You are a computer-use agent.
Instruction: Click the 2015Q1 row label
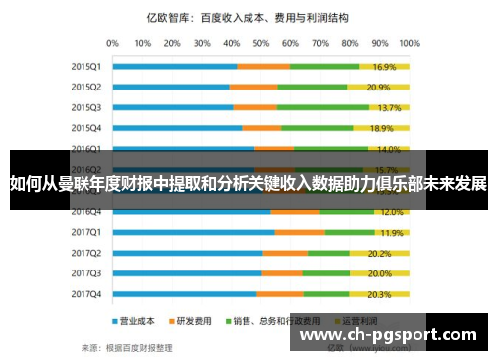[85, 67]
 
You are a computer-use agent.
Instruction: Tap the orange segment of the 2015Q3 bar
[255, 107]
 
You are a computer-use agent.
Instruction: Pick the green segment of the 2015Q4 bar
[317, 128]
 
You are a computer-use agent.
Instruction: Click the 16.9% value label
[385, 67]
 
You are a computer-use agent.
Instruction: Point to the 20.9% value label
[379, 88]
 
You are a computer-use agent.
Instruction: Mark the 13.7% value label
[389, 107]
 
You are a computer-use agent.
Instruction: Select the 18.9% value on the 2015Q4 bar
[382, 128]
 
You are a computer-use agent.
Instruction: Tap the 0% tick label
[111, 44]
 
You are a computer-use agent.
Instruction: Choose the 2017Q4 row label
[85, 294]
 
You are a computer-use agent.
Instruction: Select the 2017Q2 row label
[85, 253]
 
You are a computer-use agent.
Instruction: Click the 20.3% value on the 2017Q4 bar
[379, 294]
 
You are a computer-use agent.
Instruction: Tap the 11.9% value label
[391, 232]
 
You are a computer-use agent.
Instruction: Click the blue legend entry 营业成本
[135, 321]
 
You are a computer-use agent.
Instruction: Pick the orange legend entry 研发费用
[191, 321]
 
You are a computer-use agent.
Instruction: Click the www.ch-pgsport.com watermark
[394, 336]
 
